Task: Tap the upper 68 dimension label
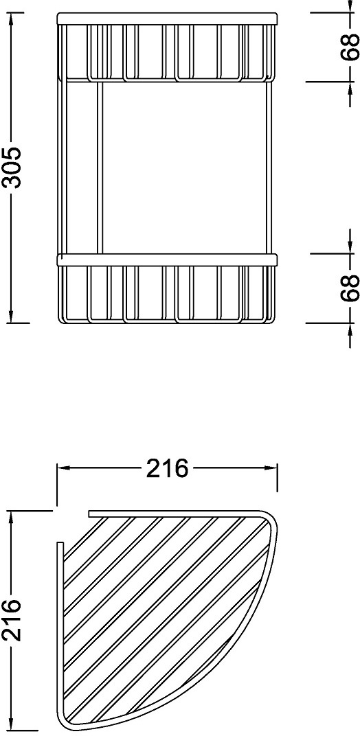(350, 47)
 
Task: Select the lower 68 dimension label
(350, 288)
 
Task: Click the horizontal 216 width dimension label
(168, 468)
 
